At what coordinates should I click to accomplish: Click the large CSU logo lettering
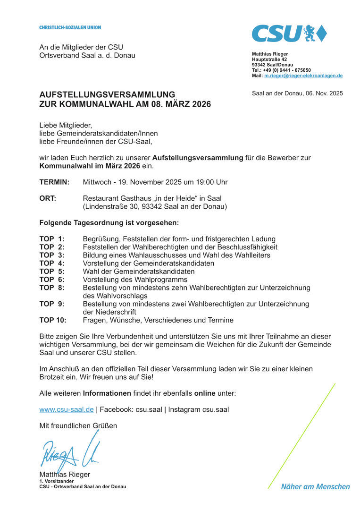(276, 34)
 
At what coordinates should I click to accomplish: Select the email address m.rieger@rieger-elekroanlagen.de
(303, 76)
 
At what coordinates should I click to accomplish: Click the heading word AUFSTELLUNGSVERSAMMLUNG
(107, 94)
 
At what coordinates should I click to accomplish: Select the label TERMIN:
(54, 182)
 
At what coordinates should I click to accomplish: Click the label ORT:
(48, 198)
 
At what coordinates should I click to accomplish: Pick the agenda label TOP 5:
(52, 272)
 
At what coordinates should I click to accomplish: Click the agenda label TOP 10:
(53, 320)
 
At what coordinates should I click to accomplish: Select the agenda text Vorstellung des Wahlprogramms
(135, 280)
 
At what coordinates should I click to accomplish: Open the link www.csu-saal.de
(67, 409)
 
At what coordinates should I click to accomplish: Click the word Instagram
(184, 409)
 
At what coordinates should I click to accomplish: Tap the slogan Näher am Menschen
(316, 486)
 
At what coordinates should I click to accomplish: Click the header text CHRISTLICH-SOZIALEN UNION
(70, 27)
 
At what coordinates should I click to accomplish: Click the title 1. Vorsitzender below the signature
(56, 481)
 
